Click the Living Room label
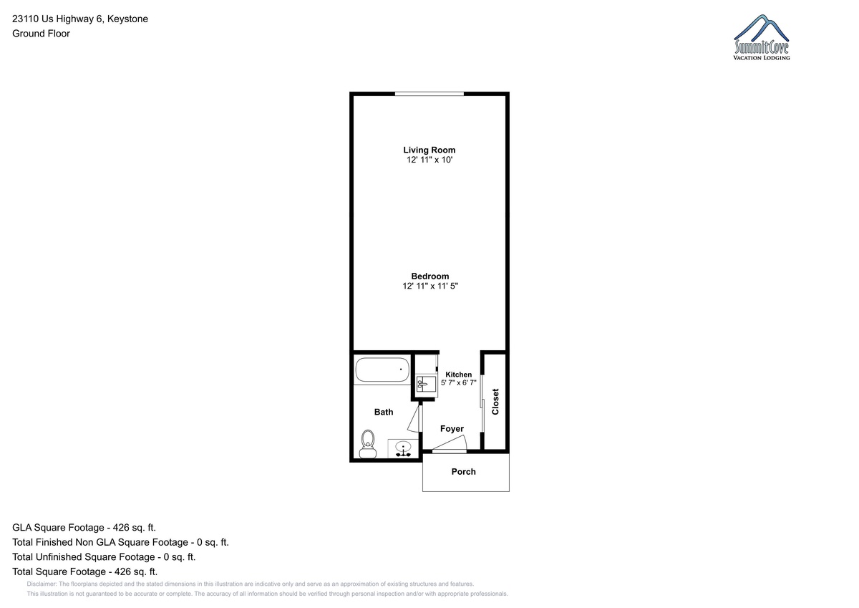pos(429,150)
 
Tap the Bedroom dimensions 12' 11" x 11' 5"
pos(430,286)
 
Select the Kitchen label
pos(458,375)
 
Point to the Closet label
pos(495,402)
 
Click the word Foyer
pos(452,429)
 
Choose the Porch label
pos(463,471)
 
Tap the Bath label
pos(384,412)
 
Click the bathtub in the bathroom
pos(382,370)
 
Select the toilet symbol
pos(368,444)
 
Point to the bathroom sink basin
pos(403,447)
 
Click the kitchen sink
pos(426,384)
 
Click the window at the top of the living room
pos(429,94)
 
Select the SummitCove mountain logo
pos(761,37)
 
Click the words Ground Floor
pos(41,34)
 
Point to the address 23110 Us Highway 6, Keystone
pos(80,19)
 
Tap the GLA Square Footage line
pos(84,528)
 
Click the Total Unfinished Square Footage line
pos(104,557)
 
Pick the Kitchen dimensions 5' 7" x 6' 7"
pos(459,383)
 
